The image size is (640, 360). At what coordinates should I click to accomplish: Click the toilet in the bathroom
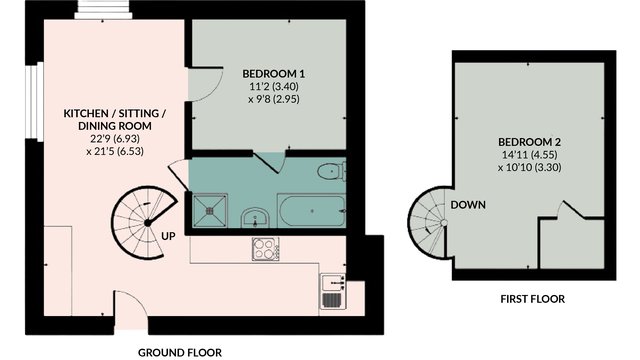click(331, 171)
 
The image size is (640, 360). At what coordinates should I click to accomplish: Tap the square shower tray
click(210, 211)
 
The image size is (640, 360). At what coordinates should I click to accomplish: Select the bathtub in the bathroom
click(311, 211)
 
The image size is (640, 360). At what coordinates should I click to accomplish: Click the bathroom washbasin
click(255, 218)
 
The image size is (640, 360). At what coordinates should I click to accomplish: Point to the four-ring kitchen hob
click(266, 249)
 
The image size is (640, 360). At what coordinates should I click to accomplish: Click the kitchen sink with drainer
click(333, 291)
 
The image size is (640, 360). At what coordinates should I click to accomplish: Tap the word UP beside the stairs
click(168, 236)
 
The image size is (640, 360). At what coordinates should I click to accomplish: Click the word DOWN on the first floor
click(468, 205)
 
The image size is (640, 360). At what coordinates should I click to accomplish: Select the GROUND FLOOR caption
click(180, 353)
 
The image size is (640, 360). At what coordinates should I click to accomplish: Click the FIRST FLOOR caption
click(533, 299)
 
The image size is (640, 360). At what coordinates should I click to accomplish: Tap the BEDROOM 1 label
click(273, 74)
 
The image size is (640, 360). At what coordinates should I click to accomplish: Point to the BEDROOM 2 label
click(529, 142)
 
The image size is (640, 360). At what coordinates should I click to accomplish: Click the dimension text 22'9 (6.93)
click(115, 139)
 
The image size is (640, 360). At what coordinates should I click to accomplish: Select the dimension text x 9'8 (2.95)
click(273, 99)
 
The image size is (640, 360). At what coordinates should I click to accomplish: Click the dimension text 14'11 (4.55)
click(529, 155)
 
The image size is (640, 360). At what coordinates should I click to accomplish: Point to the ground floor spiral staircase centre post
click(147, 223)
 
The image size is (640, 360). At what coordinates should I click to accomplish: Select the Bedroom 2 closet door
click(572, 209)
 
